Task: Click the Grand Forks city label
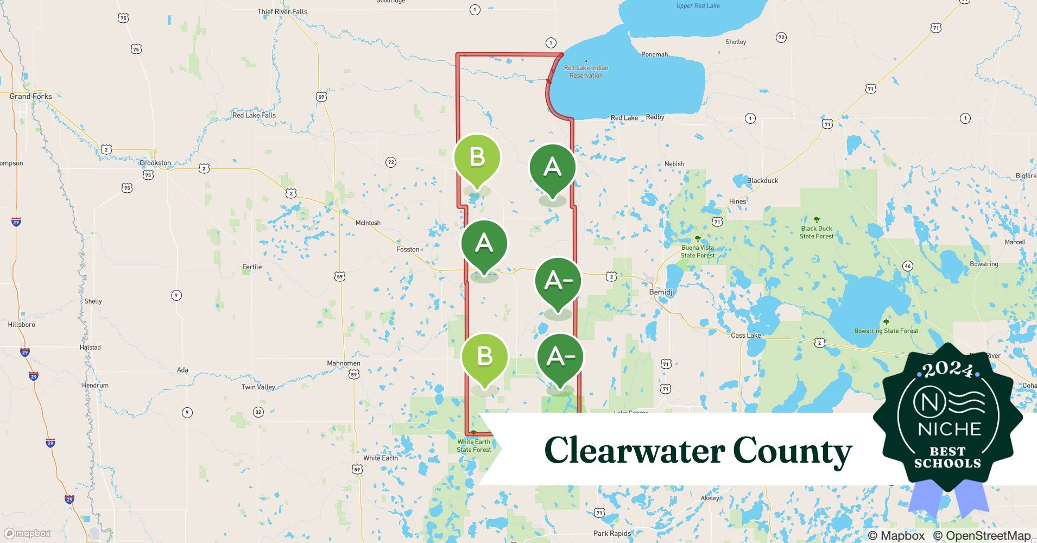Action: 31,96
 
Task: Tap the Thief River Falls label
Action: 282,11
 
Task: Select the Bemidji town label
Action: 661,292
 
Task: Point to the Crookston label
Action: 155,163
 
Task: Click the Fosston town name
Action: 408,249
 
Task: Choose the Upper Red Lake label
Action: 698,5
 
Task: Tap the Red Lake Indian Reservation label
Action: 586,72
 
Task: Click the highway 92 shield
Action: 390,162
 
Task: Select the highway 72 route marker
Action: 781,37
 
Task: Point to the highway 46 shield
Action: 907,266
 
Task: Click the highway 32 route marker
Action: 258,412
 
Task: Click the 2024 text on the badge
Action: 947,370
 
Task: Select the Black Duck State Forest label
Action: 817,232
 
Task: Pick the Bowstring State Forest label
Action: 886,331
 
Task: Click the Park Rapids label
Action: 612,533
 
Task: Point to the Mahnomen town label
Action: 344,363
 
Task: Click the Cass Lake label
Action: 745,335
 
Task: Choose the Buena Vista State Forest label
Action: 698,251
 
